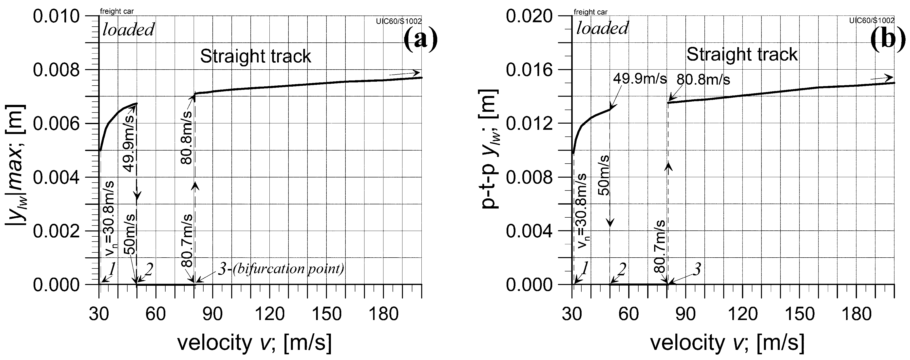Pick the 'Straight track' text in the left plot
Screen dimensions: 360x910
pyautogui.click(x=255, y=57)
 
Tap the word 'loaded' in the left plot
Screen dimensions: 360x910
pyautogui.click(x=128, y=30)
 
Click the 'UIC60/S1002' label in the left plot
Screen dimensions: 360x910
pyautogui.click(x=399, y=21)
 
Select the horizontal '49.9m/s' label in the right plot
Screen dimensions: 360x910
pyautogui.click(x=639, y=78)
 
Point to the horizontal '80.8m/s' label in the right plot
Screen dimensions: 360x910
pyautogui.click(x=703, y=80)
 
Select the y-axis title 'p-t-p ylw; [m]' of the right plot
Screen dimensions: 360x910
pyautogui.click(x=490, y=148)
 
